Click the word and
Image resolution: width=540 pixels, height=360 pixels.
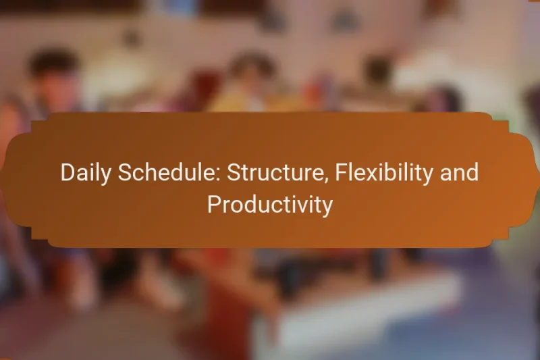click(460, 173)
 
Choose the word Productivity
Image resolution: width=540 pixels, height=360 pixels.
click(269, 205)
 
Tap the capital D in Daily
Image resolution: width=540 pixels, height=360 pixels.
click(67, 173)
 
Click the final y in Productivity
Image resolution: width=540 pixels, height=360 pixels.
click(327, 207)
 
